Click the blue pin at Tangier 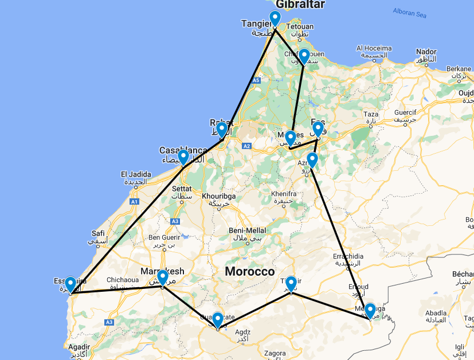point(275,18)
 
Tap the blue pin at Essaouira point(70,284)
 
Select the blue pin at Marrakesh point(162,277)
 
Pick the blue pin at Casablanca point(183,156)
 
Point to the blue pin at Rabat point(222,130)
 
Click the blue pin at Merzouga point(370,311)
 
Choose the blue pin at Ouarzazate point(218,319)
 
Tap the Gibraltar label point(300,5)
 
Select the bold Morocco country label point(249,272)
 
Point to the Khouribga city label point(219,196)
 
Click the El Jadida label point(136,174)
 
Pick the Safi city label point(97,233)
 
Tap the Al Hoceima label point(375,48)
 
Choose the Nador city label point(426,51)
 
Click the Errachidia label point(348,256)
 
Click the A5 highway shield point(256,80)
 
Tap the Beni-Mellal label point(245,230)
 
